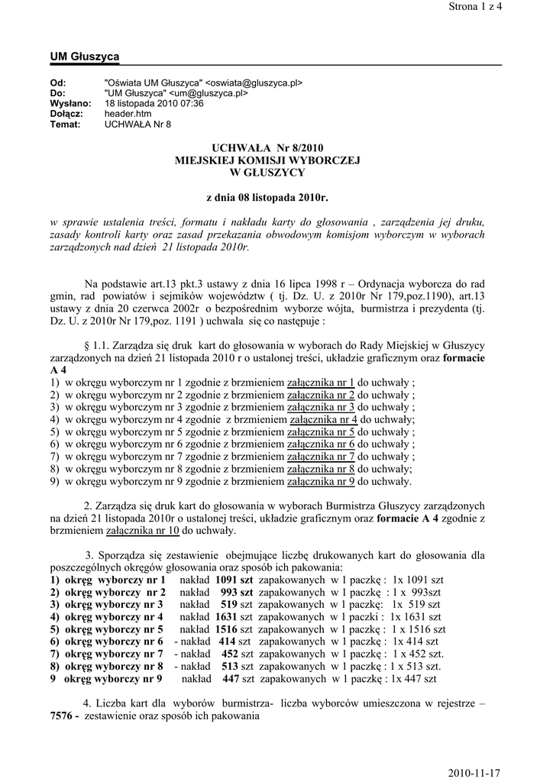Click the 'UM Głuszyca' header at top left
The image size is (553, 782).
pyautogui.click(x=84, y=57)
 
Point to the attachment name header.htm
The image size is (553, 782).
pyautogui.click(x=128, y=114)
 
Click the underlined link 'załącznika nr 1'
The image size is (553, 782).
pyautogui.click(x=321, y=383)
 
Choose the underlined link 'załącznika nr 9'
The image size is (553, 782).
pyautogui.click(x=321, y=481)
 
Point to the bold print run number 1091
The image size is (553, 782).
pyautogui.click(x=228, y=580)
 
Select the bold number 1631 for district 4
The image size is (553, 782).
pyautogui.click(x=228, y=616)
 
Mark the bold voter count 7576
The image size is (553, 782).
pyautogui.click(x=62, y=716)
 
